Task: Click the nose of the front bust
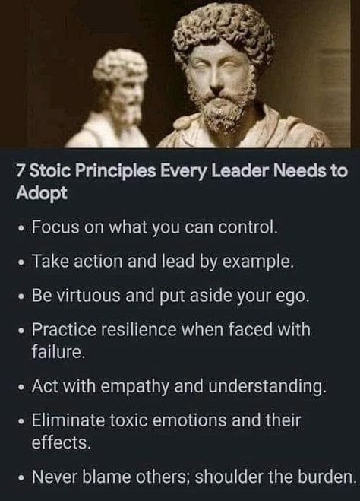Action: (x=219, y=78)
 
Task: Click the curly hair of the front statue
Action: (x=223, y=31)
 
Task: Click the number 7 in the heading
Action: (x=20, y=171)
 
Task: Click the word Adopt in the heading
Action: (x=42, y=193)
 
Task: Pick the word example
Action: (x=257, y=262)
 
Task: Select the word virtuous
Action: (x=90, y=295)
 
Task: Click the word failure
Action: (x=58, y=352)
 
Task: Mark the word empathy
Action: (x=134, y=386)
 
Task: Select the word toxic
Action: (x=129, y=420)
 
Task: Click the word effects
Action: (x=61, y=442)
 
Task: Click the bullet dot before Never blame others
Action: (x=21, y=479)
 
